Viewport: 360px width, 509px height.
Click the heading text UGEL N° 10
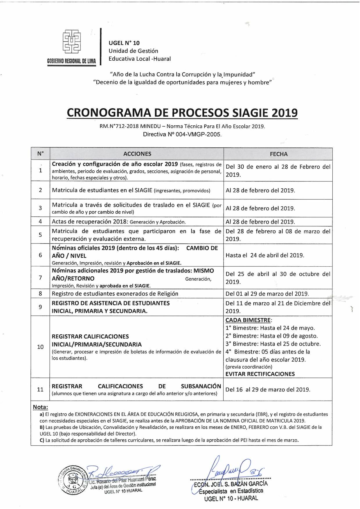click(x=124, y=43)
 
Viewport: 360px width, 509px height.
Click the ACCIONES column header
click(x=137, y=154)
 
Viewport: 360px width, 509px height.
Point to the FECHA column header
click(x=278, y=154)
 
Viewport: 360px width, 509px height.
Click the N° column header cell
click(x=40, y=154)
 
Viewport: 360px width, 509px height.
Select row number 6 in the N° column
click(x=40, y=255)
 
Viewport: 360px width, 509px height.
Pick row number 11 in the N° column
click(x=40, y=389)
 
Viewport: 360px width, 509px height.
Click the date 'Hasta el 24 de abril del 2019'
click(x=265, y=255)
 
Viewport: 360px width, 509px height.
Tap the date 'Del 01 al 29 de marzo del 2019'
click(x=267, y=294)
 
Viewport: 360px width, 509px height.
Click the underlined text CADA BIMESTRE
click(x=248, y=320)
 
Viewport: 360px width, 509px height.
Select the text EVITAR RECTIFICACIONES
click(x=260, y=374)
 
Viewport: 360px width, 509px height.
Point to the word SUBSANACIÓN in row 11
click(x=201, y=386)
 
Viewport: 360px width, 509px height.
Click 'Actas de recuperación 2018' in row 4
click(x=90, y=222)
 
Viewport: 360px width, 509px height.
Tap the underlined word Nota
click(x=40, y=407)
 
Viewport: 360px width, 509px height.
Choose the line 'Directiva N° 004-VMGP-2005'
click(x=182, y=134)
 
